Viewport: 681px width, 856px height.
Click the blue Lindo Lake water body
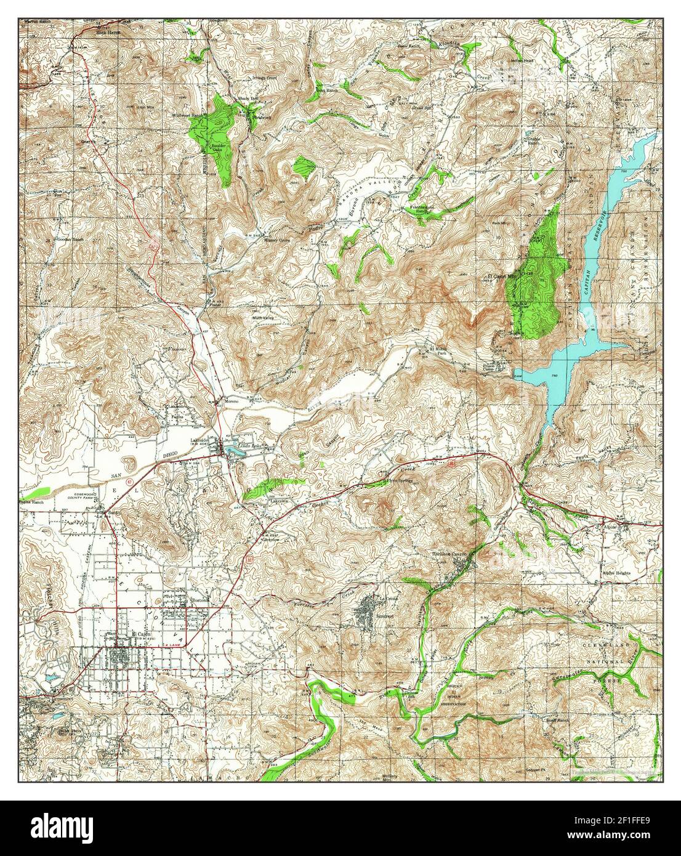235,453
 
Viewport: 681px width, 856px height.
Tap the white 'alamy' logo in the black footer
62,828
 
